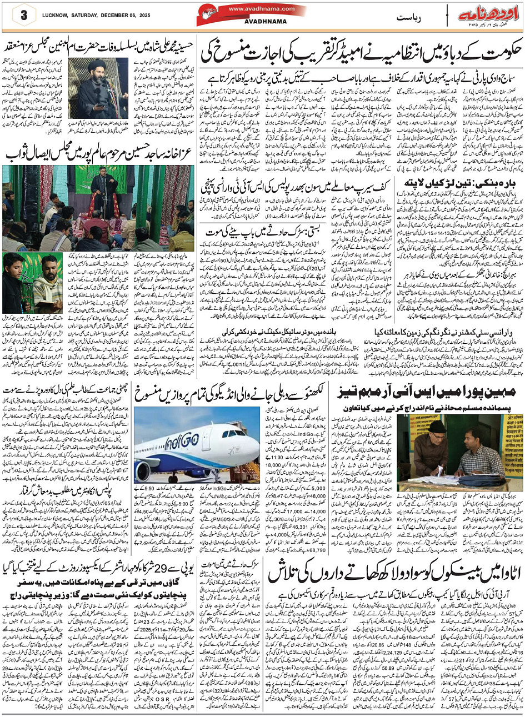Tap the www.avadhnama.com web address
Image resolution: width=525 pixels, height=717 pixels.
(x=253, y=9)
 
